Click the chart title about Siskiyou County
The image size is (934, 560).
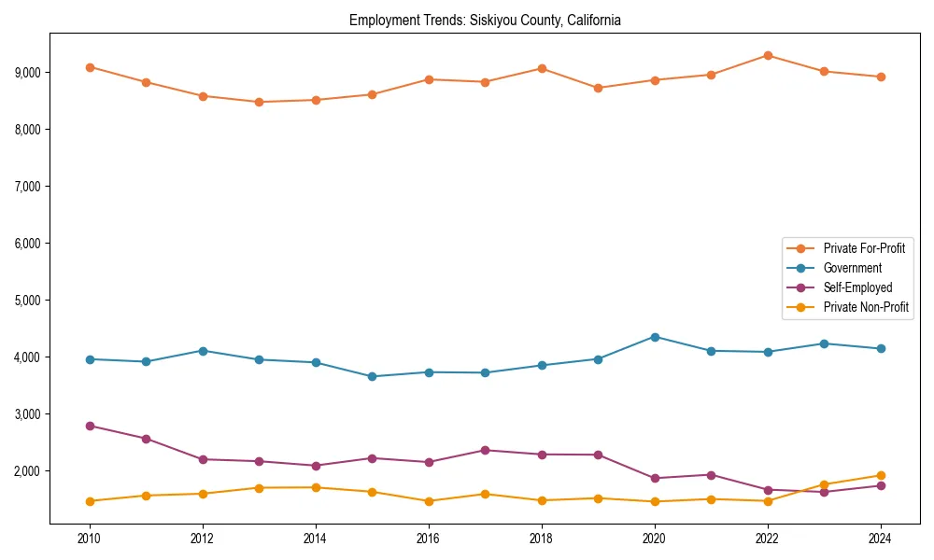tap(485, 20)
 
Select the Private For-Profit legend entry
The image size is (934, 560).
tap(864, 248)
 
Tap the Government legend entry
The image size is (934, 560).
tap(852, 268)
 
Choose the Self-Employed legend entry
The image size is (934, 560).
tap(857, 287)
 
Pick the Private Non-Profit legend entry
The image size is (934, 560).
tap(866, 307)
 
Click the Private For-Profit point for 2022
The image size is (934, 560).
tap(768, 55)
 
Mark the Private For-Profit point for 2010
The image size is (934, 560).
tap(90, 67)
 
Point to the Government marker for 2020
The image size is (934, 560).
tap(655, 337)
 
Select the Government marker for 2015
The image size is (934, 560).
tap(372, 376)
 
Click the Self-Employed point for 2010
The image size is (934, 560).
tap(90, 426)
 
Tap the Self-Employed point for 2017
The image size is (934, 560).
tap(485, 450)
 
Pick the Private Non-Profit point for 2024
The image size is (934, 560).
tap(881, 475)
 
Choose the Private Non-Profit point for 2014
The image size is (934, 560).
tap(316, 487)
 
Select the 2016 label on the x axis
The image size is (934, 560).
tap(429, 539)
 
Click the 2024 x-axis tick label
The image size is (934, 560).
tap(881, 539)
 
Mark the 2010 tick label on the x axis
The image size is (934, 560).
tap(90, 539)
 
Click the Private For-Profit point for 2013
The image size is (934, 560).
tap(259, 102)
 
